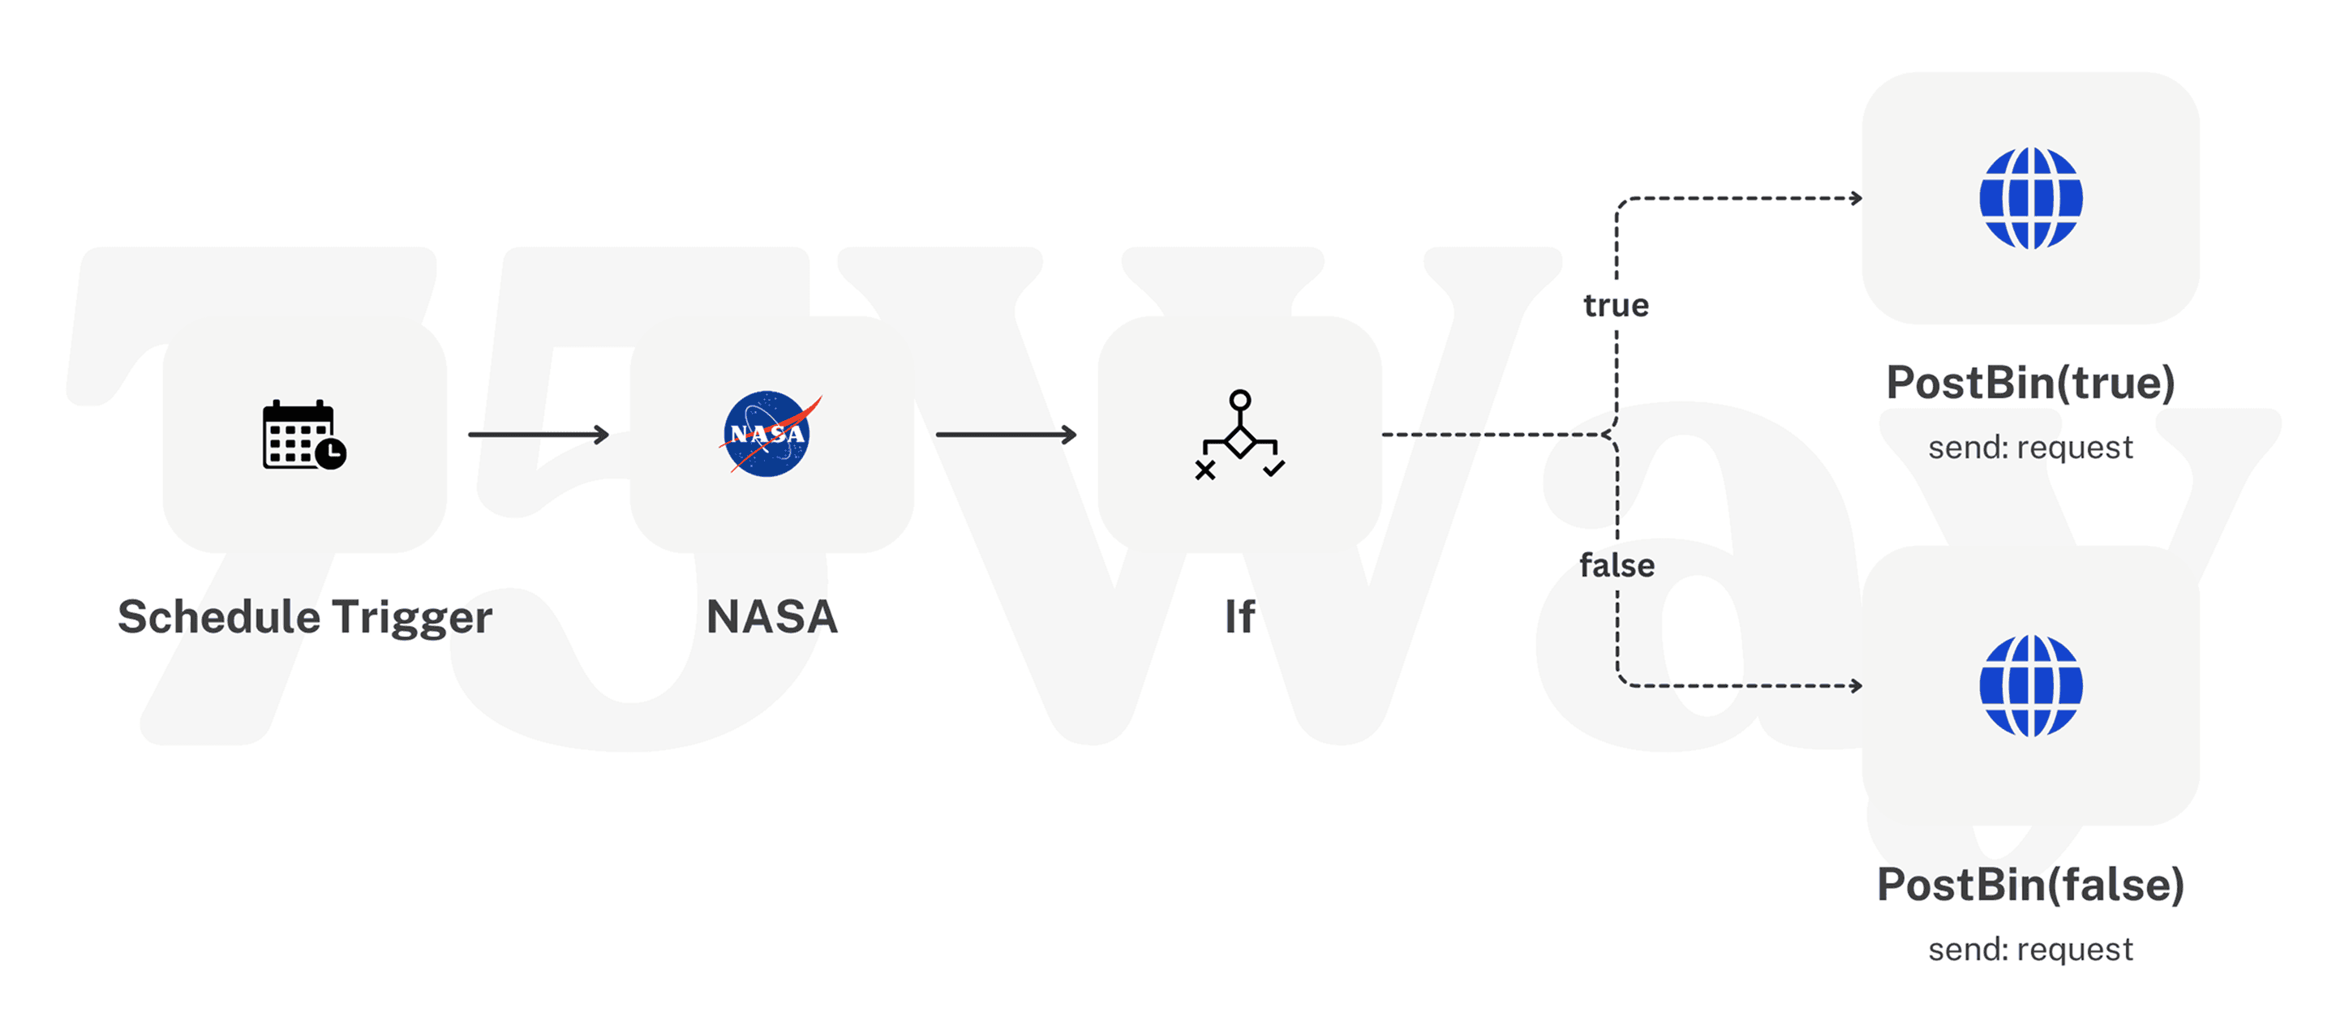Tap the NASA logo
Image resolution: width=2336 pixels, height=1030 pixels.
click(768, 435)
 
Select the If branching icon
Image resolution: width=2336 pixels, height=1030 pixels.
click(1239, 436)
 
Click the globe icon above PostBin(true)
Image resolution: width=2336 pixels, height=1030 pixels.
click(2030, 198)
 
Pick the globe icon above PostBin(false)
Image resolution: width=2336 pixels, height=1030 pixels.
click(2030, 685)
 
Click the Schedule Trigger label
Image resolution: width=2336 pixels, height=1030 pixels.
click(305, 617)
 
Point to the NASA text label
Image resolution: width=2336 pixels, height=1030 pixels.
click(771, 617)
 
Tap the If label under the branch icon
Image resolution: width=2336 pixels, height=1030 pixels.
click(1239, 617)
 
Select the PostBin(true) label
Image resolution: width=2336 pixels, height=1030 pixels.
click(2030, 383)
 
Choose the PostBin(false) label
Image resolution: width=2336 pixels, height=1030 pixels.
click(2030, 885)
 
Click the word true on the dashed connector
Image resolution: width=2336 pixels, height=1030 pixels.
click(1616, 306)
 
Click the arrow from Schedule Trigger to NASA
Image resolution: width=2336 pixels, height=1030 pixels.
click(539, 436)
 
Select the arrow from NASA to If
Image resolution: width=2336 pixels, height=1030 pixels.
click(1007, 436)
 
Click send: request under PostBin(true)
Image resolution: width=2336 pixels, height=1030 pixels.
click(2030, 448)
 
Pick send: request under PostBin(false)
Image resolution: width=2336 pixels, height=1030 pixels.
click(2030, 951)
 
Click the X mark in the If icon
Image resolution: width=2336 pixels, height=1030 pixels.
click(1205, 470)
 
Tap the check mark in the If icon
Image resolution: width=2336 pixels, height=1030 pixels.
click(1274, 469)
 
